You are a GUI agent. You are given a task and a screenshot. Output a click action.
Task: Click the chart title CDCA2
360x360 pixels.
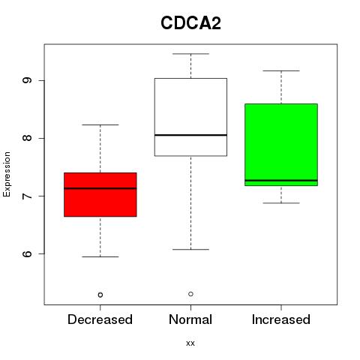click(x=190, y=23)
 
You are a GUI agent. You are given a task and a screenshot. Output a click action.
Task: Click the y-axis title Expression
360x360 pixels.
click(x=7, y=174)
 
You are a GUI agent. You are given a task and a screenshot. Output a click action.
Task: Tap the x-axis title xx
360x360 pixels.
click(x=190, y=343)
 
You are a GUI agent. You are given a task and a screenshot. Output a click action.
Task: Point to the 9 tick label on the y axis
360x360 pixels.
click(x=27, y=80)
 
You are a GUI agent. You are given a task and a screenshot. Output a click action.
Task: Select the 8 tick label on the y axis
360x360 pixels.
click(x=27, y=138)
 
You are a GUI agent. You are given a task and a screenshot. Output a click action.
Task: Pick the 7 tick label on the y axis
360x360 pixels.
click(x=27, y=196)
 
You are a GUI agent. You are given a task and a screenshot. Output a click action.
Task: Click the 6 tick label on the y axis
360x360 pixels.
click(x=27, y=253)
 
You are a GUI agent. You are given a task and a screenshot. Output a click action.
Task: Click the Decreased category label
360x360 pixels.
click(x=100, y=319)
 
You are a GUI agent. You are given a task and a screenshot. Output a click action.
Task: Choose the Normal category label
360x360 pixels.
click(x=190, y=319)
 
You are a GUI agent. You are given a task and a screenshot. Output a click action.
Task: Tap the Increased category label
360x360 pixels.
click(x=281, y=319)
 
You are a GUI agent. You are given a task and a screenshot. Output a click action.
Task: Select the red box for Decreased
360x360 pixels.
click(x=100, y=194)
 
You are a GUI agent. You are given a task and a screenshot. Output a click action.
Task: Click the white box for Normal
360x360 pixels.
click(x=190, y=117)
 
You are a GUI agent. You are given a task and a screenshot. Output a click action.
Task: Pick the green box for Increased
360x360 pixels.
click(x=281, y=145)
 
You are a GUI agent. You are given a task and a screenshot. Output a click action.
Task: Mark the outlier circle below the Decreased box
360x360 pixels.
click(x=100, y=295)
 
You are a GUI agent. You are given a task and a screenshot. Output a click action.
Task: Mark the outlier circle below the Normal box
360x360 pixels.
click(x=190, y=294)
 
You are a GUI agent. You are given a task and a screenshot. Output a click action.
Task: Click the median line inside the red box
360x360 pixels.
click(x=100, y=188)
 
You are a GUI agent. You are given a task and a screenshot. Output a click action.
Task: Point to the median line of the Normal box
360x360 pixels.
click(x=190, y=135)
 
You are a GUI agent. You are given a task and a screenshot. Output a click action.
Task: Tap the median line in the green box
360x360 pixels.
click(x=281, y=180)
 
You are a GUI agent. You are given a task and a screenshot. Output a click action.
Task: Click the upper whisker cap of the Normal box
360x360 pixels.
click(x=190, y=54)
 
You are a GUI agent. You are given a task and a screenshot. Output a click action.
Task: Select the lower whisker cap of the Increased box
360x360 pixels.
click(x=281, y=203)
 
